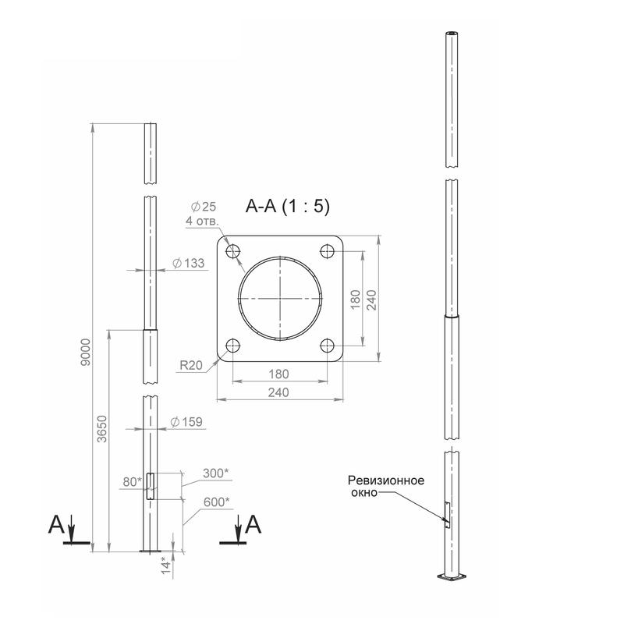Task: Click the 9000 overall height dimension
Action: [86, 353]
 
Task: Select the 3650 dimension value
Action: [102, 428]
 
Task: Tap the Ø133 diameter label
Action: [189, 263]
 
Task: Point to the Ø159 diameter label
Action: [186, 422]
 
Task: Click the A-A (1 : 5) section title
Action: [288, 206]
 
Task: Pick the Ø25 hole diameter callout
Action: [203, 207]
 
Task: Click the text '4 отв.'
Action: [202, 221]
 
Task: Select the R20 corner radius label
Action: [191, 365]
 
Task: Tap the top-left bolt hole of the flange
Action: [233, 251]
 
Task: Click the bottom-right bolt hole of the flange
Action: [328, 346]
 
